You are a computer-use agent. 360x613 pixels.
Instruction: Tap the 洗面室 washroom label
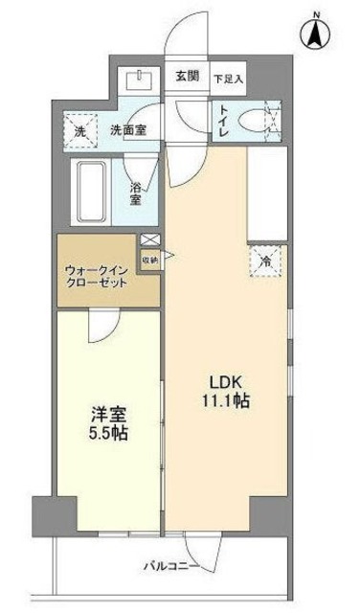pos(127,129)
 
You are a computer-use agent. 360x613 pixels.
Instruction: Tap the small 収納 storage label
pos(150,259)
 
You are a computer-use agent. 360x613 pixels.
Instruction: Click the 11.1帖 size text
pos(227,401)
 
